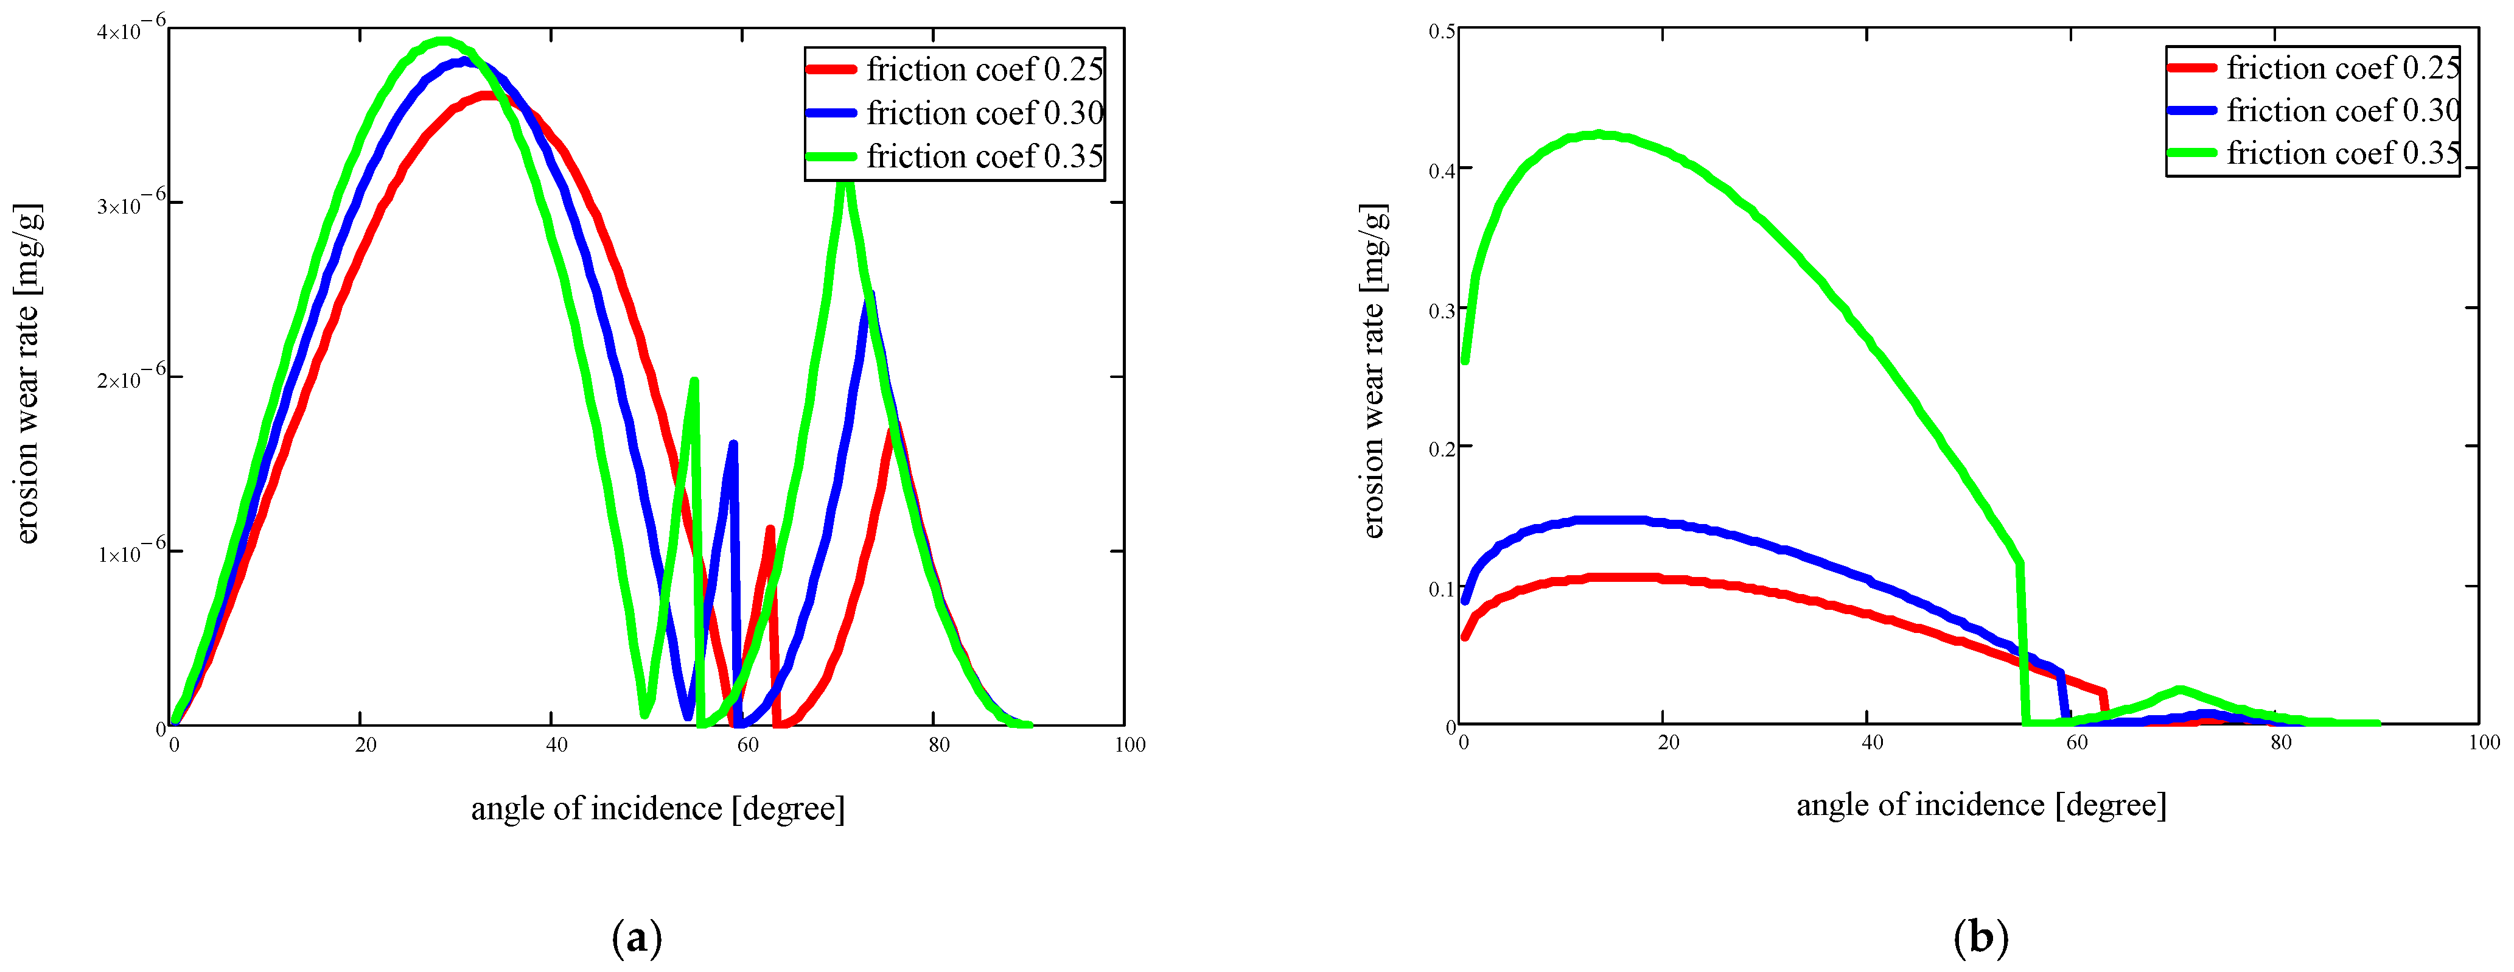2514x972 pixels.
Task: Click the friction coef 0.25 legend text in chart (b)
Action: [x=2342, y=68]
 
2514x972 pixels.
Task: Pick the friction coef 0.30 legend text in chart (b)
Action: [x=2342, y=110]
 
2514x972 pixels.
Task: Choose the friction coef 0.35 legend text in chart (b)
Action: [x=2342, y=153]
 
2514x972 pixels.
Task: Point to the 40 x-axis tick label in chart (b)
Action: [x=1872, y=743]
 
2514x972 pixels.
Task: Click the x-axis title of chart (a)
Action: [x=658, y=809]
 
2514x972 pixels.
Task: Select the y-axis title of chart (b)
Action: [x=1373, y=371]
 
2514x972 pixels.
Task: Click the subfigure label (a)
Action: [x=637, y=939]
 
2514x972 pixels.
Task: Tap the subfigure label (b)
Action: [x=1981, y=939]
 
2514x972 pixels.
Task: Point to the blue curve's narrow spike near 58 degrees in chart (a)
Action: [x=733, y=445]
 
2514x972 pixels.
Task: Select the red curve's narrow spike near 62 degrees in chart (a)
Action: [x=771, y=530]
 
